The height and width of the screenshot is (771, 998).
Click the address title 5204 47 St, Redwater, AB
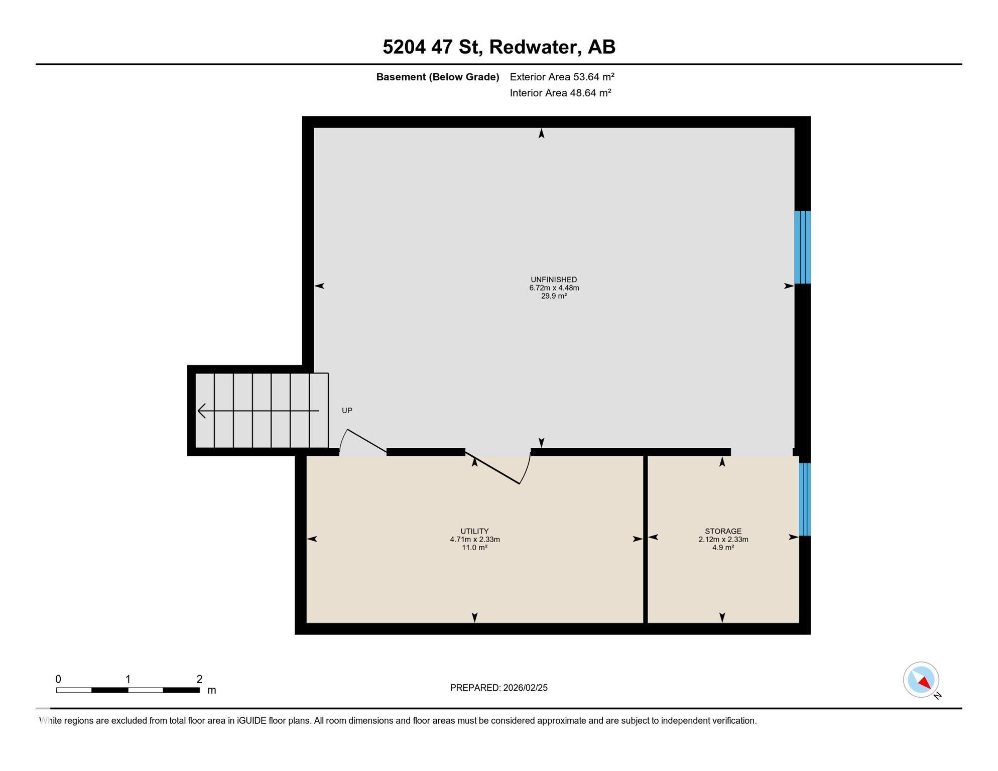498,47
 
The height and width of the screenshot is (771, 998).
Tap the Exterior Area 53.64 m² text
562,77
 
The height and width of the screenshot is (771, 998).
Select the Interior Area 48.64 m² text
560,93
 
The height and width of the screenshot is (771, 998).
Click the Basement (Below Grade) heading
437,77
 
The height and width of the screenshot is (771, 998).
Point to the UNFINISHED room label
554,280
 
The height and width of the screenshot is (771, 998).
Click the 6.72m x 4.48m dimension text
554,288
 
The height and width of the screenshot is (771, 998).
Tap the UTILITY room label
474,531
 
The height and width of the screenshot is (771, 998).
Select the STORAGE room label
722,531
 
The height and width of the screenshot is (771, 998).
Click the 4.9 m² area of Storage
722,548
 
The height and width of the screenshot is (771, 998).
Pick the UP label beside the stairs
347,411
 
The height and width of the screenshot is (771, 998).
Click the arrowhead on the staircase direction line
201,411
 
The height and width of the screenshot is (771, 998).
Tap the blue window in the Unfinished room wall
802,247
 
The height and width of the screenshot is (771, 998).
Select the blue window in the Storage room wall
804,499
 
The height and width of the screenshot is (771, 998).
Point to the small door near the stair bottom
364,441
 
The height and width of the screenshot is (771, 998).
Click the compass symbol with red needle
921,680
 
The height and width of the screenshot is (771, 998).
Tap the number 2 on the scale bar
199,679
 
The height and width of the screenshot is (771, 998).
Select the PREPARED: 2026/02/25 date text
498,688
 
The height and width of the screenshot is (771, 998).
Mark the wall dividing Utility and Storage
645,539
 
